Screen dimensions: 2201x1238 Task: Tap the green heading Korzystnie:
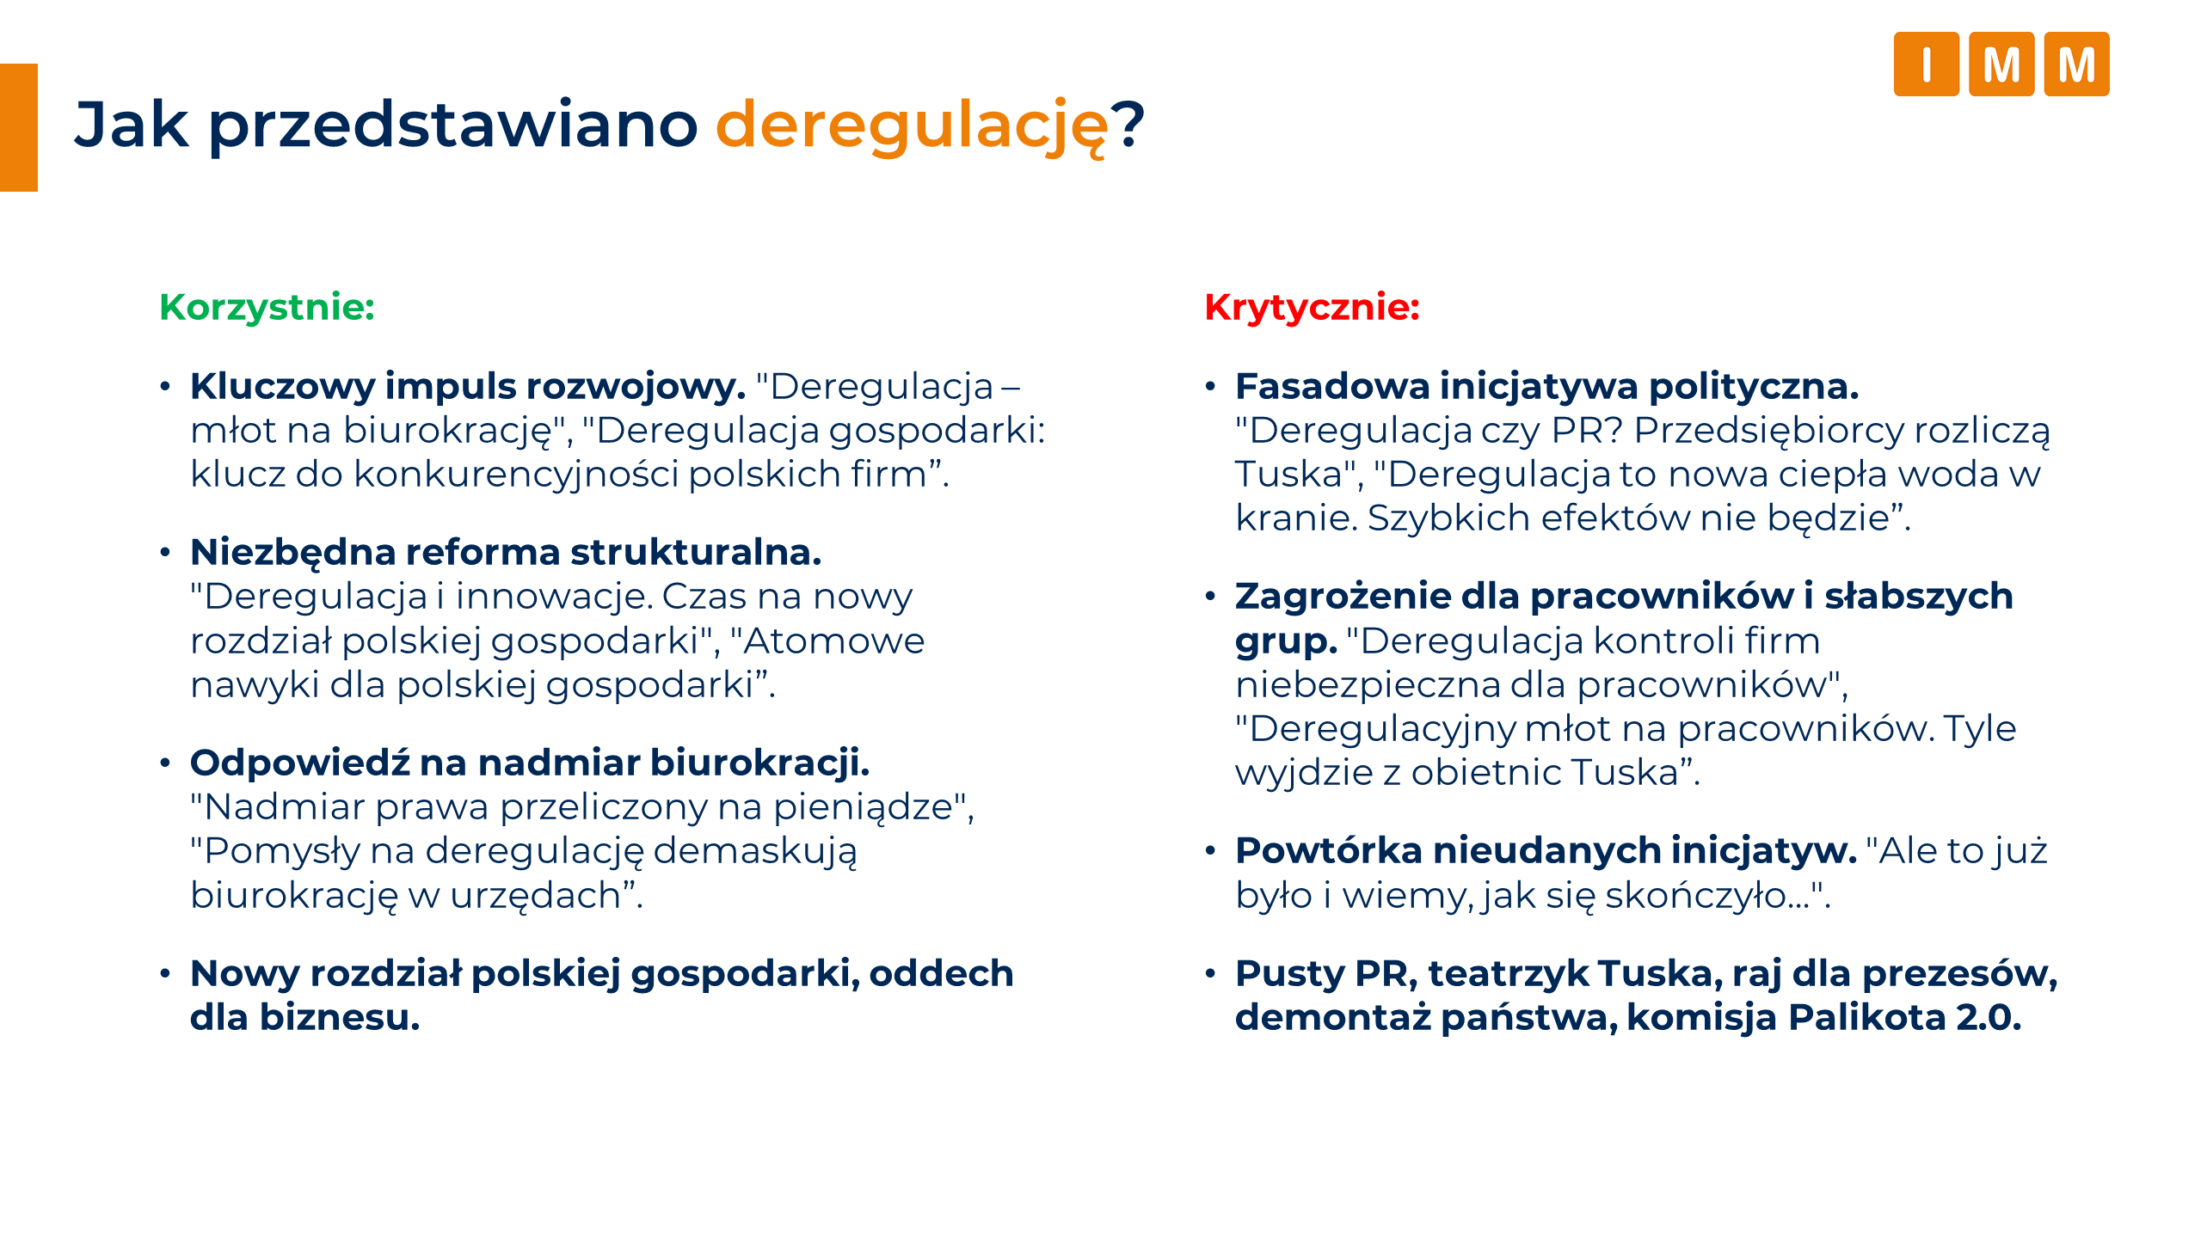tap(267, 308)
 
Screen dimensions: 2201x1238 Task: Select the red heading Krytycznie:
tap(1312, 308)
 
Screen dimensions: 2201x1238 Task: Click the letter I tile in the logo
tap(1926, 64)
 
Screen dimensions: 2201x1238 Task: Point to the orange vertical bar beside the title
tap(19, 127)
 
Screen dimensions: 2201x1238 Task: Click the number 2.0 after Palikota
tap(1988, 1018)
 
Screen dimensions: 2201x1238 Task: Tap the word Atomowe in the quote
tap(834, 641)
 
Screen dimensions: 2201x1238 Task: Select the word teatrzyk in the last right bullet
tap(1508, 974)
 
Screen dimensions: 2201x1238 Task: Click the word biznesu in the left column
tap(340, 1018)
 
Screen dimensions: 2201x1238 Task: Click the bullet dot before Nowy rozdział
tap(165, 974)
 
